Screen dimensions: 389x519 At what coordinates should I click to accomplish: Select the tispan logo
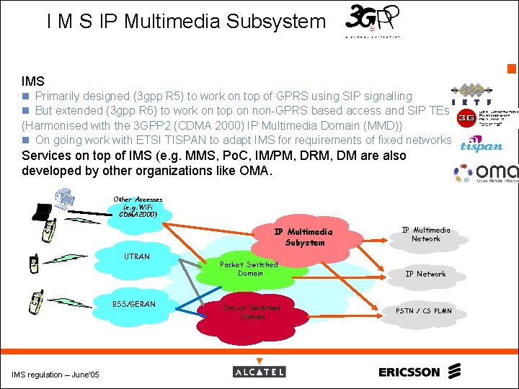tap(481, 144)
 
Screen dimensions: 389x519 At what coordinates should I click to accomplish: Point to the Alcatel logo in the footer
tap(259, 372)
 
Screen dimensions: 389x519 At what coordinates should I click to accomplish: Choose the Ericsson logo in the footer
tap(419, 372)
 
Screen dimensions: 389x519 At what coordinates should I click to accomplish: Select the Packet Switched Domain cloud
tap(249, 269)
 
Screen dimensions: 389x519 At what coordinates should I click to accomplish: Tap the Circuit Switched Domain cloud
tap(252, 312)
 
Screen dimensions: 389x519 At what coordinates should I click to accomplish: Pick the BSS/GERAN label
tap(133, 304)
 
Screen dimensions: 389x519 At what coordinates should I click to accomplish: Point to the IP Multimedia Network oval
tap(425, 234)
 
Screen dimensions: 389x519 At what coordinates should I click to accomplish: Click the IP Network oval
tap(425, 274)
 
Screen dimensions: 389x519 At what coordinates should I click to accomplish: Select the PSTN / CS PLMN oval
tap(425, 311)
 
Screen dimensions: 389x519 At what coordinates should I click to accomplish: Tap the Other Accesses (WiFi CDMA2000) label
tap(138, 207)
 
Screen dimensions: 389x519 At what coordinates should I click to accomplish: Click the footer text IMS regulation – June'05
tap(56, 373)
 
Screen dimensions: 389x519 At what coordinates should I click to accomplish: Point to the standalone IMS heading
tap(33, 81)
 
